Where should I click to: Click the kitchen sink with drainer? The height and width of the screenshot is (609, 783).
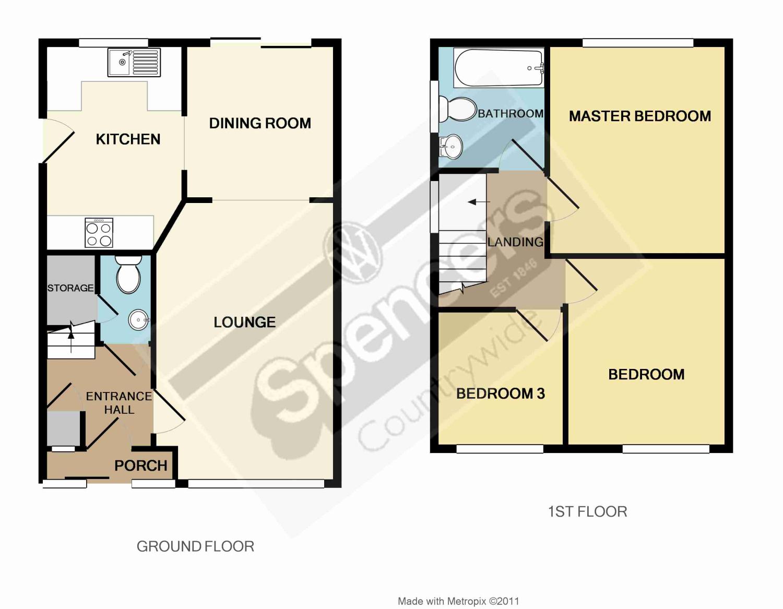134,62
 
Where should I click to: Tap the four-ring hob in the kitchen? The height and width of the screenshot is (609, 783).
99,233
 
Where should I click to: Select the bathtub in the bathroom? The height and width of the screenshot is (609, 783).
499,68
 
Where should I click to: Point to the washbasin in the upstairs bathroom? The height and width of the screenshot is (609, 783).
450,147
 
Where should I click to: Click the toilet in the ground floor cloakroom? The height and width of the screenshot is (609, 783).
128,274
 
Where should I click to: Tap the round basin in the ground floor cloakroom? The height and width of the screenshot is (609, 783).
139,319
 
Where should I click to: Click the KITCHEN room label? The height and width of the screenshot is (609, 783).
128,139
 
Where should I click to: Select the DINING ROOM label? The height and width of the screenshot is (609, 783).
260,123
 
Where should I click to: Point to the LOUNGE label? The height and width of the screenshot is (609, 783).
245,322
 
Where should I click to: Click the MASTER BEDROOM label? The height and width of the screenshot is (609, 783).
640,116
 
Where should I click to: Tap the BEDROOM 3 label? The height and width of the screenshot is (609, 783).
501,393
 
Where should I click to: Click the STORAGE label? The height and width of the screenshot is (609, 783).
70,288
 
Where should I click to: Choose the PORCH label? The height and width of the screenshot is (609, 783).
140,465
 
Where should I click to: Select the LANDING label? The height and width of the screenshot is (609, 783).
515,242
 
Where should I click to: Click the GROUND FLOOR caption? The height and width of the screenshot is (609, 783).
195,546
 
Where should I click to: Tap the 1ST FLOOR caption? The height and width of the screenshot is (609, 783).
587,511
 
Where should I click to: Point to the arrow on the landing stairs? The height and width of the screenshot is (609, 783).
479,202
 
